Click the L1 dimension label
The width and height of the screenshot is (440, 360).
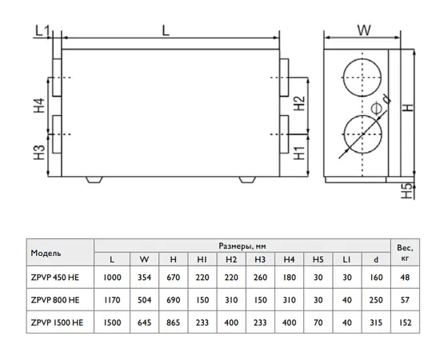pyautogui.click(x=42, y=30)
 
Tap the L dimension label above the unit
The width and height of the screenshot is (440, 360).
pyautogui.click(x=166, y=30)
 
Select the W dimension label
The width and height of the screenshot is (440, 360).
pyautogui.click(x=364, y=30)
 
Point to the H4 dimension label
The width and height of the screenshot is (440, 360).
pyautogui.click(x=39, y=106)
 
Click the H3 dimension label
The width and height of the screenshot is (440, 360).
pyautogui.click(x=39, y=152)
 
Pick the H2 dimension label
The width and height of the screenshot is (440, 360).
pyautogui.click(x=299, y=103)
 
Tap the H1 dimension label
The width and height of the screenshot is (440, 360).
pyautogui.click(x=299, y=154)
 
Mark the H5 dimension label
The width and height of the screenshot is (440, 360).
pyautogui.click(x=407, y=191)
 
